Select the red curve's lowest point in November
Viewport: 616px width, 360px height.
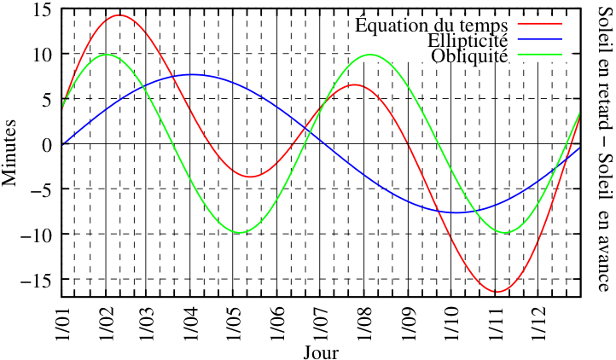[x=497, y=292]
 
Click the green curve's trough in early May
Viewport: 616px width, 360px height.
[x=240, y=233]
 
